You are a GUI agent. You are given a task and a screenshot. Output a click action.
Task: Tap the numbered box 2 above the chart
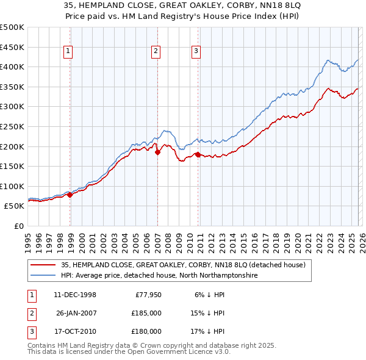coord(156,51)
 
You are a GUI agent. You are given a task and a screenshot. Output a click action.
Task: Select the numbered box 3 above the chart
coord(196,51)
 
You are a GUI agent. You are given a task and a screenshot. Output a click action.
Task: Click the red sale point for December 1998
coord(70,195)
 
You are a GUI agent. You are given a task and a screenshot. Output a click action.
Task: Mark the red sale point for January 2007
coord(157,153)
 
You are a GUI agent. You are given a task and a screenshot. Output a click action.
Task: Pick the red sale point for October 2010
coord(198,154)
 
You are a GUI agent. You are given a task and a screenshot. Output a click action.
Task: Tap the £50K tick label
coord(15,206)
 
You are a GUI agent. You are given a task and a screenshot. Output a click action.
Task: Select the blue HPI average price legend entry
coord(160,276)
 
